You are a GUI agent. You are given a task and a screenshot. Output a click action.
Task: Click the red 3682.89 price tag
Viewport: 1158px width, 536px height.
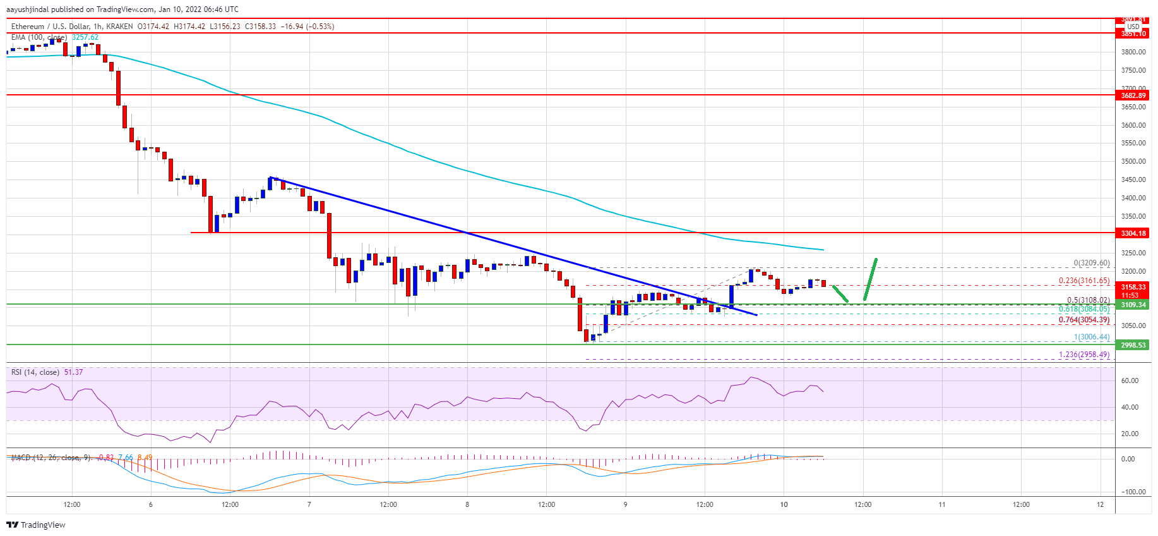click(x=1133, y=95)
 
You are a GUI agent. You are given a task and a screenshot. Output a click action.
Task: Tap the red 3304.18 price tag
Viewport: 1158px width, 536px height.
click(x=1133, y=233)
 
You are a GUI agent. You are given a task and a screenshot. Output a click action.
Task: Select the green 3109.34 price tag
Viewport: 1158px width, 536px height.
click(x=1133, y=305)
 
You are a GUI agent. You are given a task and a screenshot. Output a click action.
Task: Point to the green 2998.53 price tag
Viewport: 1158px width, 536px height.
click(x=1133, y=345)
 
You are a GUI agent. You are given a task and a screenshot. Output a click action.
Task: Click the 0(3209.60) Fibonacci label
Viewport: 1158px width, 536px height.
click(x=1091, y=263)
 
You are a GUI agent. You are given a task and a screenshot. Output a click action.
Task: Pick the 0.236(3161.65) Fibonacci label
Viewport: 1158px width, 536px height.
click(x=1083, y=281)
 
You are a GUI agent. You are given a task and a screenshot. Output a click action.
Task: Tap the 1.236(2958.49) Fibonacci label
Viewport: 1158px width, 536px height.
click(x=1083, y=355)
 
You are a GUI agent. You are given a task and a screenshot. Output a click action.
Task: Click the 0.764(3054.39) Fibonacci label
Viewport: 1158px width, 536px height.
click(x=1083, y=320)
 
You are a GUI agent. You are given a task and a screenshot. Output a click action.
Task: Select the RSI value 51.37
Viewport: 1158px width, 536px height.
click(x=73, y=372)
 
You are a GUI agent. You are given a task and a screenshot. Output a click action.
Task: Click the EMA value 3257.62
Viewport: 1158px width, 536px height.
click(x=85, y=37)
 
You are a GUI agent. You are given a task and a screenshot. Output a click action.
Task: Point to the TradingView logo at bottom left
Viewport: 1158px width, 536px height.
click(x=36, y=525)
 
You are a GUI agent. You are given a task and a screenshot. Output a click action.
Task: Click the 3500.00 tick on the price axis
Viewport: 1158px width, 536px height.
click(x=1133, y=161)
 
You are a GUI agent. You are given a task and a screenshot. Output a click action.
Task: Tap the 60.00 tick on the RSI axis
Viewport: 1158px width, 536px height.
click(x=1130, y=381)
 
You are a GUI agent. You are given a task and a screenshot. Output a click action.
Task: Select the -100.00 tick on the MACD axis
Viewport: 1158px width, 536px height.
click(x=1132, y=492)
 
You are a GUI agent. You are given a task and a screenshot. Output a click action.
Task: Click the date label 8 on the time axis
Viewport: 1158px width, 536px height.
click(x=467, y=504)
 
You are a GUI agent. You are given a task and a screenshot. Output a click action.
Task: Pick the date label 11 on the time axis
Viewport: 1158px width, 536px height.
click(x=941, y=504)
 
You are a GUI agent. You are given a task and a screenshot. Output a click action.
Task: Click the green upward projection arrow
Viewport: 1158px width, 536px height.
click(x=870, y=279)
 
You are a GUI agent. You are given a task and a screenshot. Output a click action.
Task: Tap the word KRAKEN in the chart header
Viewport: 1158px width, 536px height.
click(x=120, y=27)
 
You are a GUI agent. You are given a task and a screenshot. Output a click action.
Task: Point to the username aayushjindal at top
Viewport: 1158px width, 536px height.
click(x=27, y=9)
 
